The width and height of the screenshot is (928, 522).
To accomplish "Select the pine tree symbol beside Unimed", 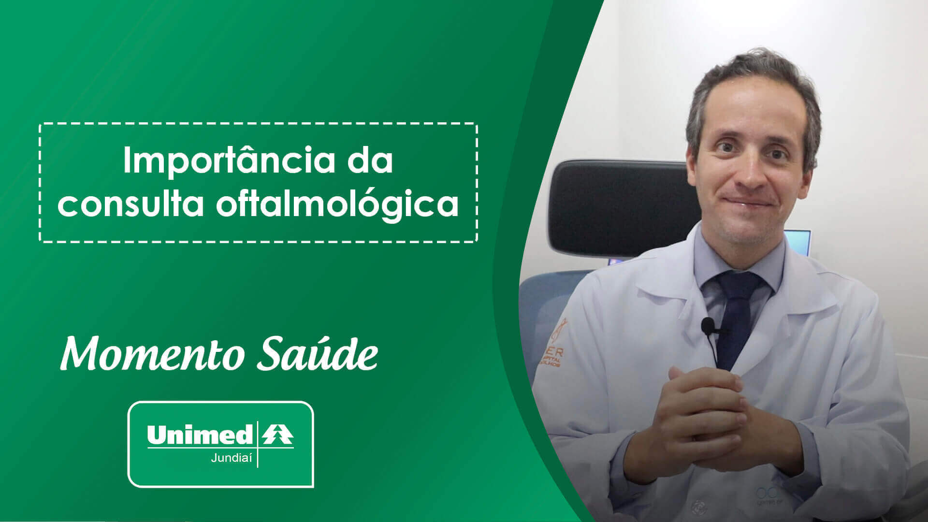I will click(x=278, y=434).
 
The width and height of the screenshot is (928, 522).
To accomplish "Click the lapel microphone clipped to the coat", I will click(x=708, y=328).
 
